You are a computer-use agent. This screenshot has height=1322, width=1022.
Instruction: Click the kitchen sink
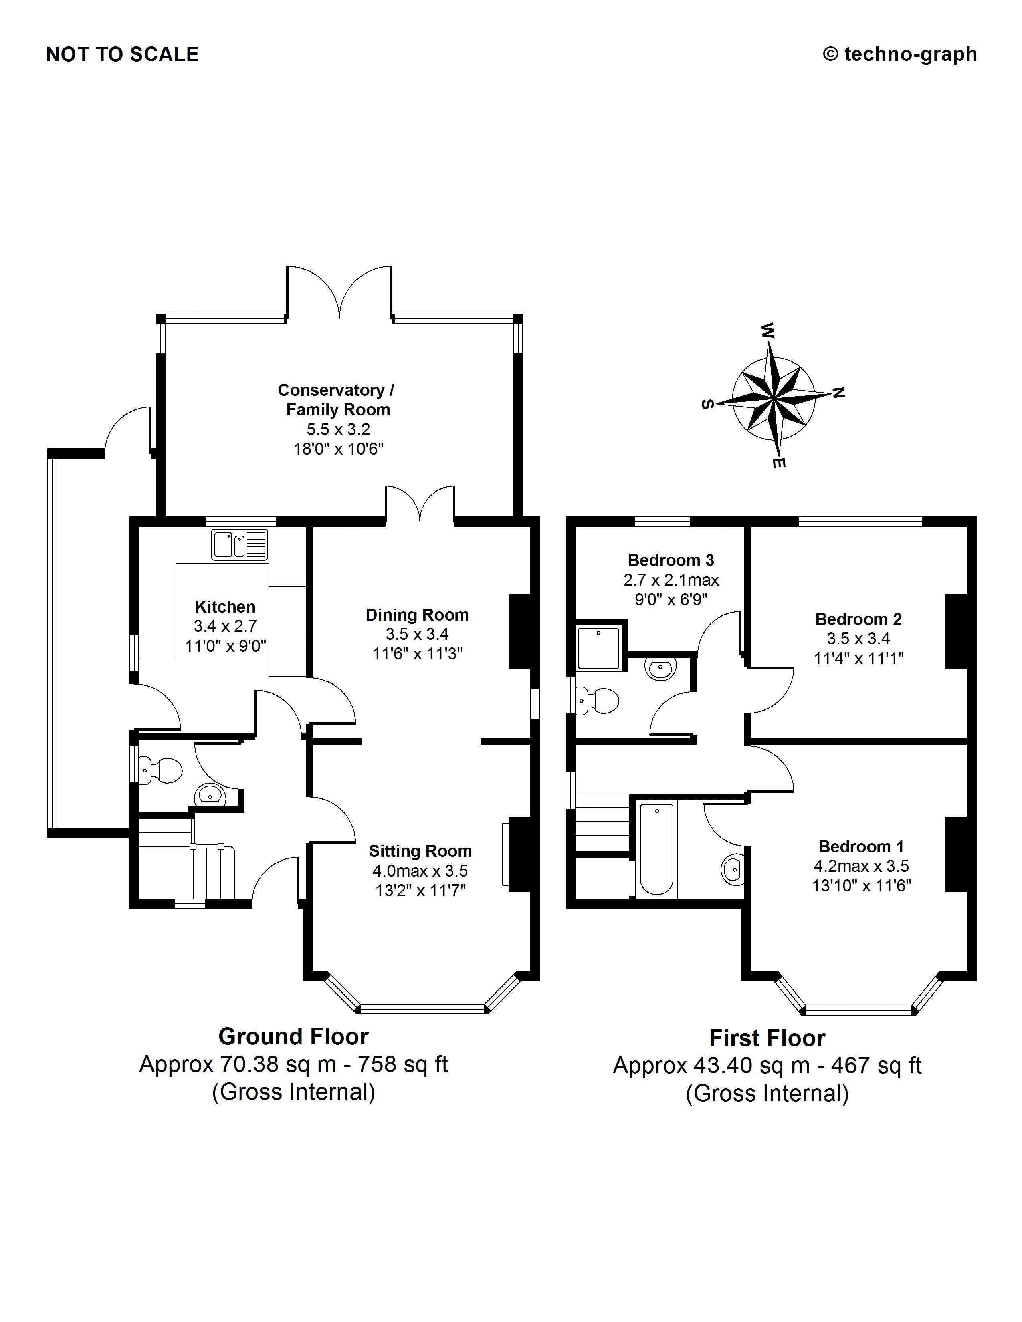(239, 544)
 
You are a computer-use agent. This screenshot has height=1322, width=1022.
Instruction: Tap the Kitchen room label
(225, 607)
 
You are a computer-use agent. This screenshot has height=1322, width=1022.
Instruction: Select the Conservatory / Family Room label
(337, 399)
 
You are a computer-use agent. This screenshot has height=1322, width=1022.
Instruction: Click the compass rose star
(774, 399)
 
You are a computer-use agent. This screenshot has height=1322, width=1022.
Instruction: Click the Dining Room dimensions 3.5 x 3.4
(417, 634)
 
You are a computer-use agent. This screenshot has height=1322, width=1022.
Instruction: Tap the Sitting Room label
(420, 851)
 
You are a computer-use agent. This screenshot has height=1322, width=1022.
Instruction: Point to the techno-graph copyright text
(900, 54)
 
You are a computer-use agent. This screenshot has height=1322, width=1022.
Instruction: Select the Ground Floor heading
(294, 1037)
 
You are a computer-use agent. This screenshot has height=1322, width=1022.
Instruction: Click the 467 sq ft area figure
(876, 1065)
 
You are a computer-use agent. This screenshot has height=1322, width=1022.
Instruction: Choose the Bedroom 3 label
(671, 560)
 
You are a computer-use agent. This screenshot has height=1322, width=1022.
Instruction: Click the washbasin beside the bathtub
(733, 870)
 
